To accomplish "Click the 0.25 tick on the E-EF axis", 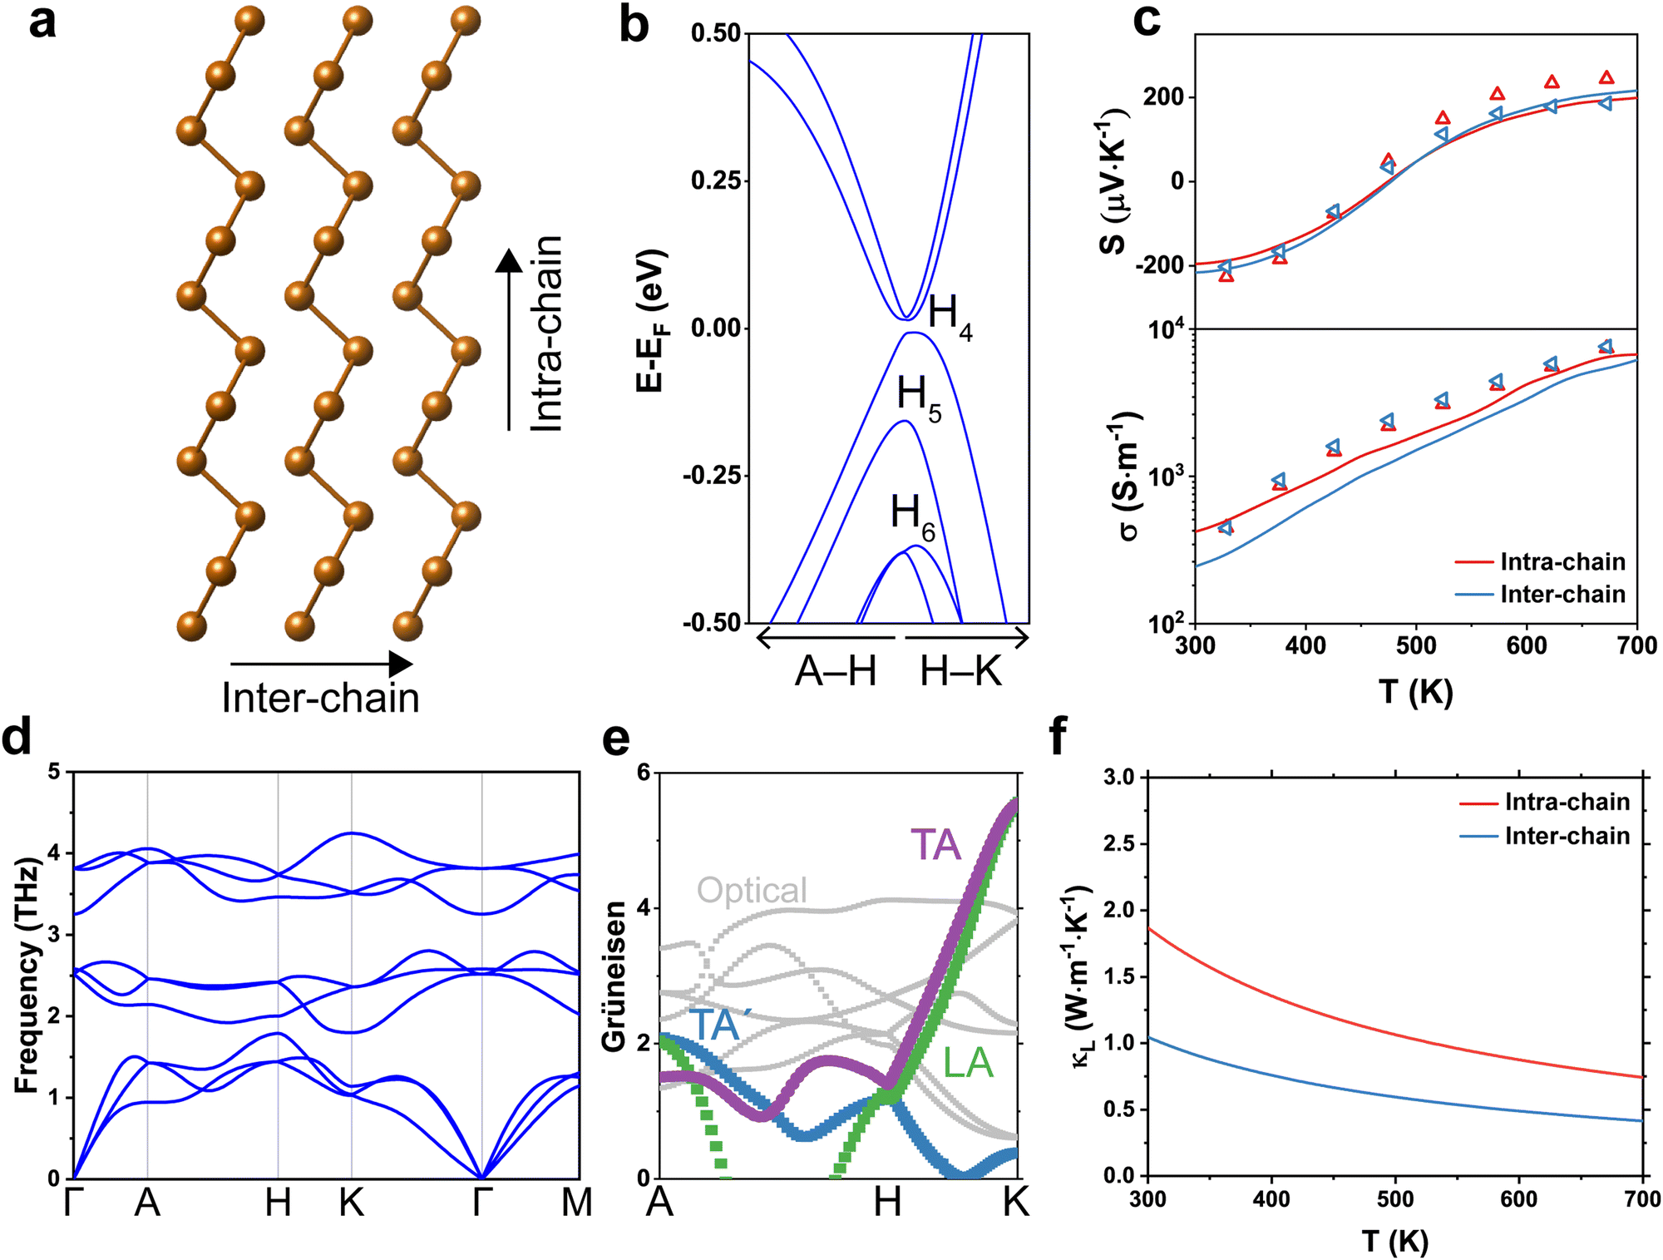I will click(716, 180).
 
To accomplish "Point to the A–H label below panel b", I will click(836, 671).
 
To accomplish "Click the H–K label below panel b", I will click(961, 671).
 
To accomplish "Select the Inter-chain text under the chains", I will click(320, 698).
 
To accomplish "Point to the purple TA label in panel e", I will click(935, 845).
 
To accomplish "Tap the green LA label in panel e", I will click(968, 1063).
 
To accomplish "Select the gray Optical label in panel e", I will click(752, 890).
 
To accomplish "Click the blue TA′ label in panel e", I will click(714, 1025).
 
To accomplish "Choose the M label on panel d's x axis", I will click(576, 1203).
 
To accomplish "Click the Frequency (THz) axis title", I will click(27, 976).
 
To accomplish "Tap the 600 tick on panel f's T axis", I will click(1519, 1198).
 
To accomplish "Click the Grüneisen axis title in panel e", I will click(614, 976).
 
